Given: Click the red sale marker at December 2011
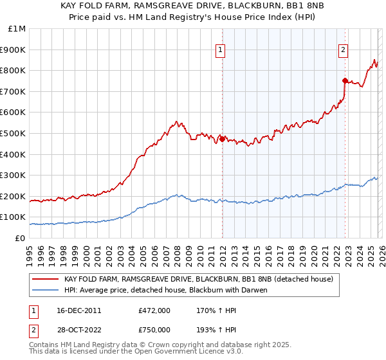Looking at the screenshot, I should [x=222, y=138].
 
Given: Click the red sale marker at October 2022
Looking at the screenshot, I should [x=345, y=80].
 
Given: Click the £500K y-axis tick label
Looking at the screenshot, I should [x=14, y=133].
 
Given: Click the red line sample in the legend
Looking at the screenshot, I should [x=45, y=280].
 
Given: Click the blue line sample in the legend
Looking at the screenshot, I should [x=45, y=290].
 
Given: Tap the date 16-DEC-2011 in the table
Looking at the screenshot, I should [x=74, y=310].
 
